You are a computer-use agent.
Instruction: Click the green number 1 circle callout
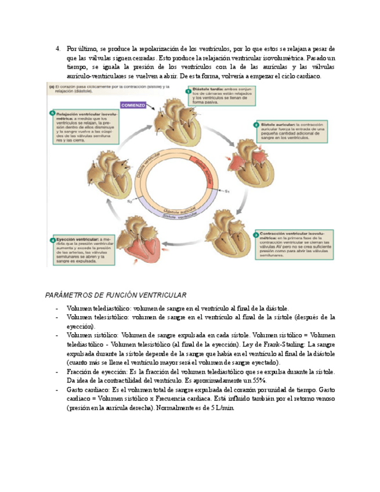(x=187, y=91)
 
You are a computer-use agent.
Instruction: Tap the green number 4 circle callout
(x=53, y=240)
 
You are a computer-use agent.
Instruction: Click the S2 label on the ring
(x=131, y=202)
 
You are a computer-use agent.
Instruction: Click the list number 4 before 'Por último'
(x=58, y=49)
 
